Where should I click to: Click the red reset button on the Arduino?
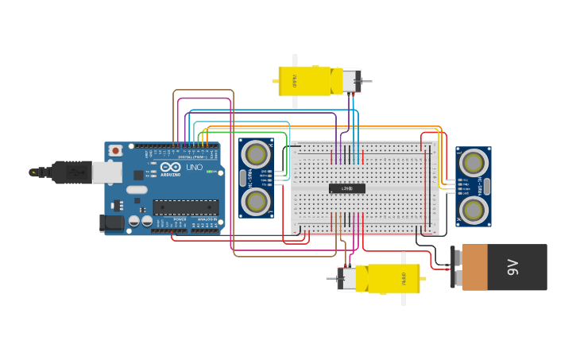(x=116, y=150)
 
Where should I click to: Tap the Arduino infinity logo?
(x=170, y=167)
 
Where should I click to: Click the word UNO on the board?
(x=194, y=167)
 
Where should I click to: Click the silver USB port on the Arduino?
(x=106, y=172)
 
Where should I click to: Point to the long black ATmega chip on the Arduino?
(x=185, y=207)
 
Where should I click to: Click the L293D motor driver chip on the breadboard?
(x=347, y=188)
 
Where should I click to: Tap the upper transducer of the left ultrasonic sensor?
(x=256, y=153)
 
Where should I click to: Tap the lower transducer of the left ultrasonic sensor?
(x=256, y=202)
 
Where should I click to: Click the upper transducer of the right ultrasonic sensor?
(x=474, y=163)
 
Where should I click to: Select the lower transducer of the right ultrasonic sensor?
(x=474, y=210)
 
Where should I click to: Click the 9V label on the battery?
(x=512, y=267)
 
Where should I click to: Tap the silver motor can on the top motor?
(x=351, y=80)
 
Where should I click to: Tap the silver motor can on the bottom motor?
(x=347, y=279)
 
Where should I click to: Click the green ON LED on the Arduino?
(x=208, y=172)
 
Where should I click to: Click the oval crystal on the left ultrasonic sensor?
(x=243, y=177)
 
